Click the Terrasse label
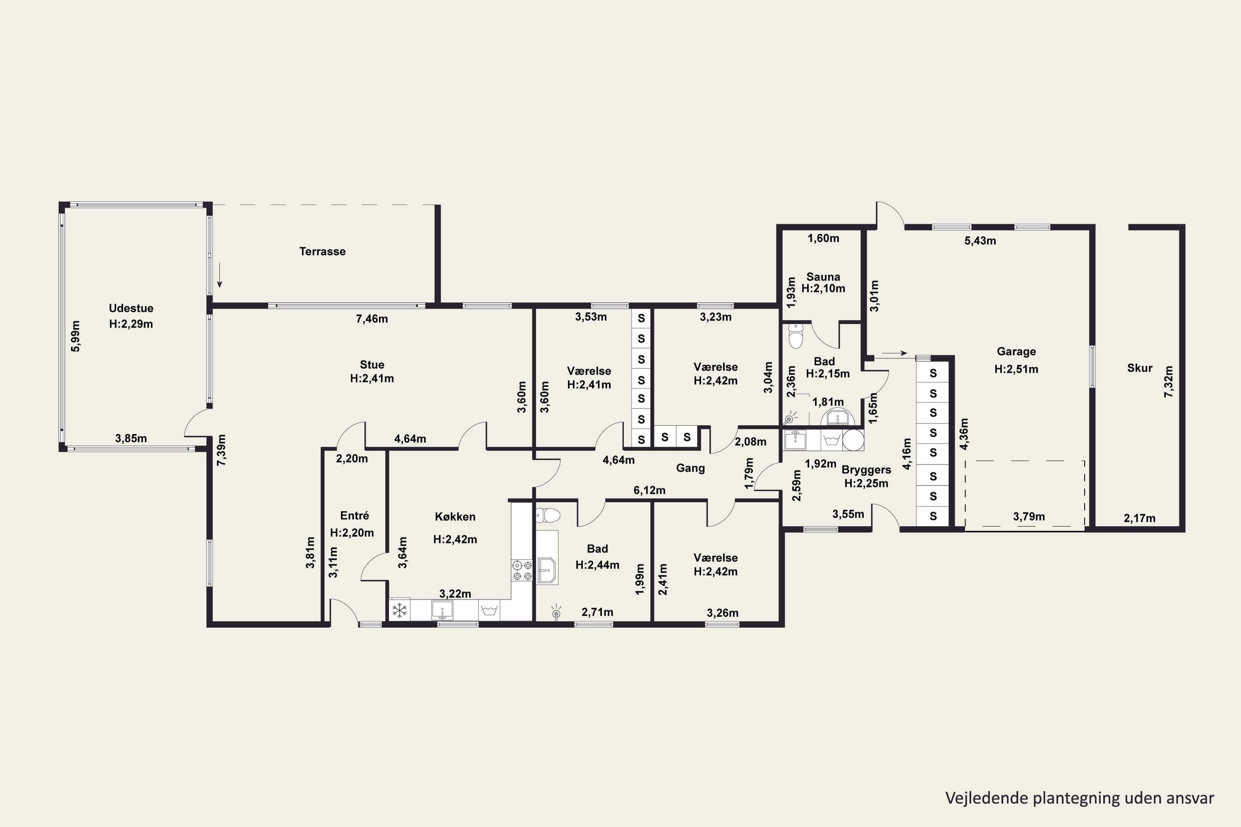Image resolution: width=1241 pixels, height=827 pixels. (x=322, y=251)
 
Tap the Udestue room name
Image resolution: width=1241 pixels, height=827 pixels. (x=131, y=308)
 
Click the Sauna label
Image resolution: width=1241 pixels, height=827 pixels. (x=823, y=277)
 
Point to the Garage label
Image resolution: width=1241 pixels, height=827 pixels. (x=1016, y=352)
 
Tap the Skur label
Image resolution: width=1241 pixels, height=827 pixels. (x=1140, y=368)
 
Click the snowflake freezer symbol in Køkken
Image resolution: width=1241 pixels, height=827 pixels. (x=400, y=610)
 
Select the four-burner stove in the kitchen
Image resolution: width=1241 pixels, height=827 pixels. (x=521, y=571)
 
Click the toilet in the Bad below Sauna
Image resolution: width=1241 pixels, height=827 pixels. (x=795, y=335)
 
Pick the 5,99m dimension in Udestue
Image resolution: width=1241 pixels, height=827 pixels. (x=76, y=337)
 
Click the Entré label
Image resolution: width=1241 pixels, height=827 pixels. (x=355, y=516)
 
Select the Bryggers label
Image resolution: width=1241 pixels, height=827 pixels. (x=866, y=470)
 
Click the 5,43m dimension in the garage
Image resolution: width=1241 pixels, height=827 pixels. (x=980, y=241)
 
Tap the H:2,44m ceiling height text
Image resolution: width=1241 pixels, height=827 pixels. (x=597, y=565)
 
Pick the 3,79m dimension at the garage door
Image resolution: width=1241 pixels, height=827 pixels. (x=1029, y=516)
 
